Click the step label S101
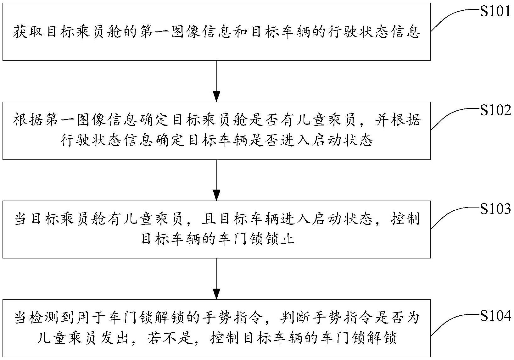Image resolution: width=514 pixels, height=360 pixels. coord(495,12)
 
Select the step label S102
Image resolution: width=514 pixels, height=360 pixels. coord(495,110)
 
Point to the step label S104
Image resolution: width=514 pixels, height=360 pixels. coord(495,316)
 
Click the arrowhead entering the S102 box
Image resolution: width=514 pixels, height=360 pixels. coord(216,96)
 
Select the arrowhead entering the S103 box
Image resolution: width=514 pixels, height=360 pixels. coord(216,195)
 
